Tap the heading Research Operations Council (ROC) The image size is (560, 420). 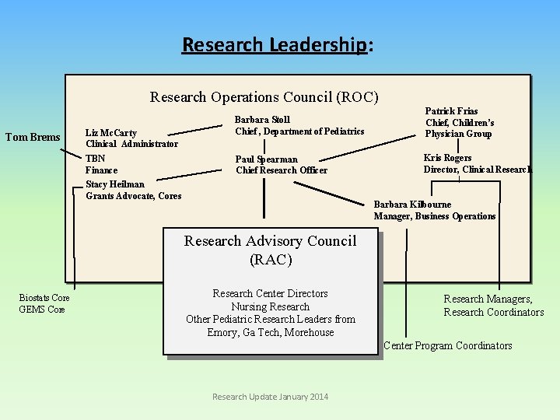[x=264, y=97]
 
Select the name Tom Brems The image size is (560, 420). [x=33, y=138]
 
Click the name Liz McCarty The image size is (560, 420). [x=110, y=133]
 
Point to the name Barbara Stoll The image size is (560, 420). [x=262, y=120]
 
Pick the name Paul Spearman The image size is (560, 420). [x=266, y=159]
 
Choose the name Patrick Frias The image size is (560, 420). [x=451, y=112]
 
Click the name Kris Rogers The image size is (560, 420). [x=447, y=158]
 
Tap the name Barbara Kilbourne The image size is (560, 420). [x=412, y=205]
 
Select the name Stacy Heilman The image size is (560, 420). [x=116, y=184]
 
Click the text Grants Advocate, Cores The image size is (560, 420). [x=133, y=196]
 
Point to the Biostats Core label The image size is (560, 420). [x=44, y=298]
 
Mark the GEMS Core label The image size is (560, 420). [x=41, y=310]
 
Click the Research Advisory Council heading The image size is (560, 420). [x=270, y=250]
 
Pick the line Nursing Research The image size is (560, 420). [x=270, y=306]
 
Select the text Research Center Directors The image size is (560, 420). [x=270, y=293]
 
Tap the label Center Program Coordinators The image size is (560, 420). [x=448, y=345]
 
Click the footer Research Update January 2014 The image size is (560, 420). [x=270, y=397]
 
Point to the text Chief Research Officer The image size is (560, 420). [x=281, y=170]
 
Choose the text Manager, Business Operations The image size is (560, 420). [x=434, y=216]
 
